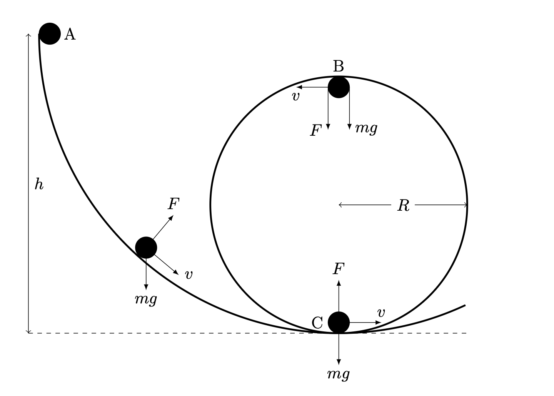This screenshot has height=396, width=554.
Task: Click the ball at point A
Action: pyautogui.click(x=50, y=33)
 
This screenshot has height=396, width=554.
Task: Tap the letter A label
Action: pyautogui.click(x=70, y=34)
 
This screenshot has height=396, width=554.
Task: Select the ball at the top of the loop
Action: pyautogui.click(x=339, y=87)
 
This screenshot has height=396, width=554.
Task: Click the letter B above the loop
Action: pyautogui.click(x=338, y=66)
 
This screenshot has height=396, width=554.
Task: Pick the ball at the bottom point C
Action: pyautogui.click(x=339, y=322)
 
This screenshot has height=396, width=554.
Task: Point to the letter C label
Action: pyautogui.click(x=317, y=323)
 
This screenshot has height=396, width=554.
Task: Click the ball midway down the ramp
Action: pyautogui.click(x=146, y=248)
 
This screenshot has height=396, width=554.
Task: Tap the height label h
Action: pyautogui.click(x=39, y=184)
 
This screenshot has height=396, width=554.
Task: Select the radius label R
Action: pyautogui.click(x=403, y=205)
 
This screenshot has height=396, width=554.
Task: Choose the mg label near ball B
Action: pyautogui.click(x=366, y=128)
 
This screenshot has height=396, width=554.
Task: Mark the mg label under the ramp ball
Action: pyautogui.click(x=146, y=299)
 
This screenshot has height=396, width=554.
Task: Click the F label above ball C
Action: pyautogui.click(x=339, y=269)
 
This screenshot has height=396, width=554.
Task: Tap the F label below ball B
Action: pyautogui.click(x=316, y=130)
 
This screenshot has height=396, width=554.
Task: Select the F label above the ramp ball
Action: pyautogui.click(x=174, y=204)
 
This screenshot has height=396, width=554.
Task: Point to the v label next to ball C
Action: pyautogui.click(x=381, y=313)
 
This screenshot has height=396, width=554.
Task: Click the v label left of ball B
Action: pyautogui.click(x=295, y=97)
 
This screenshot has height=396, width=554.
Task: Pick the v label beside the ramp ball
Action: pyautogui.click(x=189, y=275)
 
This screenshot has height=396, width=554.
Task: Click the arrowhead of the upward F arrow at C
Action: pyautogui.click(x=339, y=283)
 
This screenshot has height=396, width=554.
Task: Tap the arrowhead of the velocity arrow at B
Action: pyautogui.click(x=299, y=87)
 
